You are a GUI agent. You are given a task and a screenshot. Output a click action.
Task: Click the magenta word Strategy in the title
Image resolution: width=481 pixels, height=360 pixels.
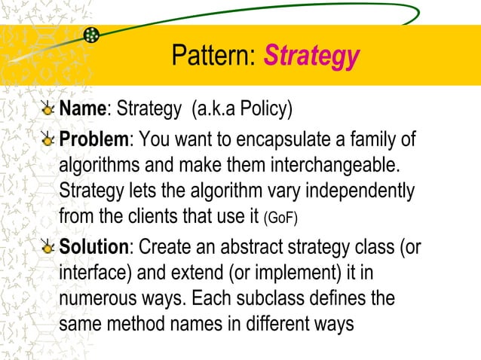311,56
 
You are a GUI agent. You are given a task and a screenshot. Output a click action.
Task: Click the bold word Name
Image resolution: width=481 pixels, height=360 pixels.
81,110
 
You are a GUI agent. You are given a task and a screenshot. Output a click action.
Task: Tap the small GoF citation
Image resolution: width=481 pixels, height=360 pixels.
283,219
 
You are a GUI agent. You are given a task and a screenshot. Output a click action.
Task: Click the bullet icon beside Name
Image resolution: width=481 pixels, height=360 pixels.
48,110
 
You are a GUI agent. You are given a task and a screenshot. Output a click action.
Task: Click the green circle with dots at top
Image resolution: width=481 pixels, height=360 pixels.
91,35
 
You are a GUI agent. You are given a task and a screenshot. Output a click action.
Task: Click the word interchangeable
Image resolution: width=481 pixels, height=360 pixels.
333,165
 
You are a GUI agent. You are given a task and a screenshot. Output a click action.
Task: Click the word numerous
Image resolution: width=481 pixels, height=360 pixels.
93,298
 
